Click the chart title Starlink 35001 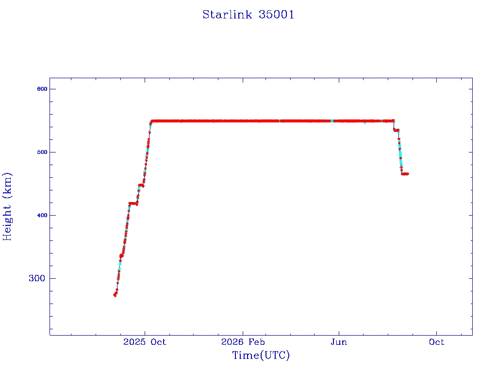click(248, 15)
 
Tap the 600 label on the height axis click(42, 89)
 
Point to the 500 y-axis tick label click(42, 152)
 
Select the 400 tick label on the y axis click(42, 215)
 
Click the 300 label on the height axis click(37, 278)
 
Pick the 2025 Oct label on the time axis click(145, 342)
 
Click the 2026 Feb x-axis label click(243, 342)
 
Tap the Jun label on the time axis click(339, 342)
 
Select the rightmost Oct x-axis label click(436, 342)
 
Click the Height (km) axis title click(7, 206)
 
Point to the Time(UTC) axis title click(261, 355)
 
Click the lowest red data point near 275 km click(115, 295)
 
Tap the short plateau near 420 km click(133, 203)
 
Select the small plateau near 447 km click(141, 185)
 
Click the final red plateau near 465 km click(405, 174)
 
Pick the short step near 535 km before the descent click(396, 130)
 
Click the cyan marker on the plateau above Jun click(332, 121)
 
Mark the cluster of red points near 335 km click(121, 255)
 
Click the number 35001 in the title click(276, 15)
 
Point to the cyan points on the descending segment click(400, 154)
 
